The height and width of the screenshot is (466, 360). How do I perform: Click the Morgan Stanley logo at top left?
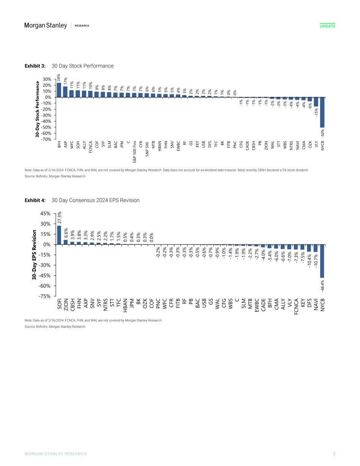tap(45, 25)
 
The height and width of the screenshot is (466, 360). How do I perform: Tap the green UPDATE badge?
tap(327, 26)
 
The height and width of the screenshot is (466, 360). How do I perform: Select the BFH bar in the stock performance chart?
tap(59, 90)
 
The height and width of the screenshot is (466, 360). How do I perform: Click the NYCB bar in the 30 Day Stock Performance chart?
tap(322, 112)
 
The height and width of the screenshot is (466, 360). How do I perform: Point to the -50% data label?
tap(322, 133)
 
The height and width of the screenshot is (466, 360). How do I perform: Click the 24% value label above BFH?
tap(59, 77)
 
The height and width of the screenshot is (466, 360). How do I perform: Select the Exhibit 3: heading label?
tap(35, 66)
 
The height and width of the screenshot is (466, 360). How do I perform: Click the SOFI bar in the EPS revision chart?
tap(59, 235)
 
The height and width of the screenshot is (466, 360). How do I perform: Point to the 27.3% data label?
tap(59, 217)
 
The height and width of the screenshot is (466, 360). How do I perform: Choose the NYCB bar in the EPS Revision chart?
tap(322, 261)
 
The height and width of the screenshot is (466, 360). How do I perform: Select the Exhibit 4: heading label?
tap(35, 200)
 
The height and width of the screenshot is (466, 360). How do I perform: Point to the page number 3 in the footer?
tap(334, 454)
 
